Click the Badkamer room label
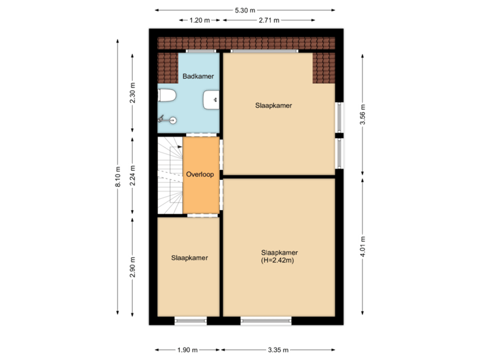(198, 76)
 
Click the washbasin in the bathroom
(212, 100)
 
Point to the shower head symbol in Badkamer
(172, 120)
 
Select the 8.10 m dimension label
(119, 177)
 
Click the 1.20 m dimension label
(199, 21)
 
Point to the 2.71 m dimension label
(268, 21)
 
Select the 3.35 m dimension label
(278, 349)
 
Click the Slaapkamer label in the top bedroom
(273, 105)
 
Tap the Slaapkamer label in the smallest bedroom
(189, 257)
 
